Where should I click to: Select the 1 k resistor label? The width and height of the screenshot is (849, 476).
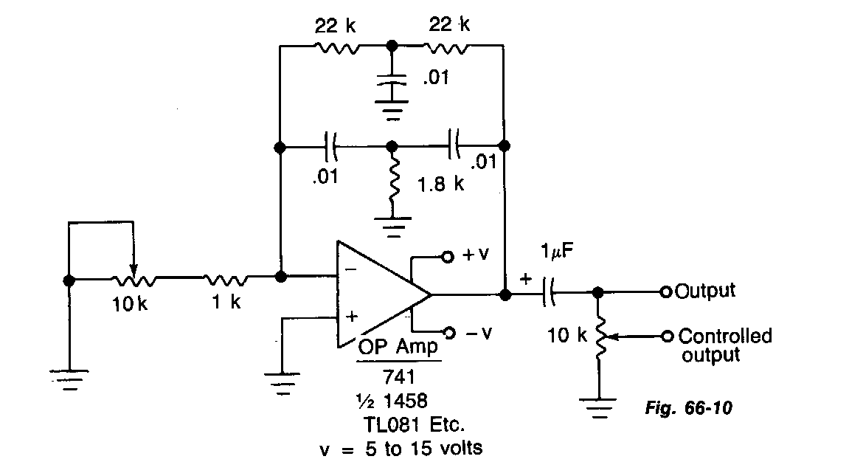(x=225, y=302)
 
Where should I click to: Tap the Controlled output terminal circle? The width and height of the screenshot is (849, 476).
(x=668, y=337)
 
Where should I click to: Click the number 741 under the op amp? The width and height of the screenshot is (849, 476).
(x=399, y=376)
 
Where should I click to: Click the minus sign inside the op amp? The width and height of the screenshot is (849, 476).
(x=351, y=271)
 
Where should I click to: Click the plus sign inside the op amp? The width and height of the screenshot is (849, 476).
(x=352, y=317)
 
